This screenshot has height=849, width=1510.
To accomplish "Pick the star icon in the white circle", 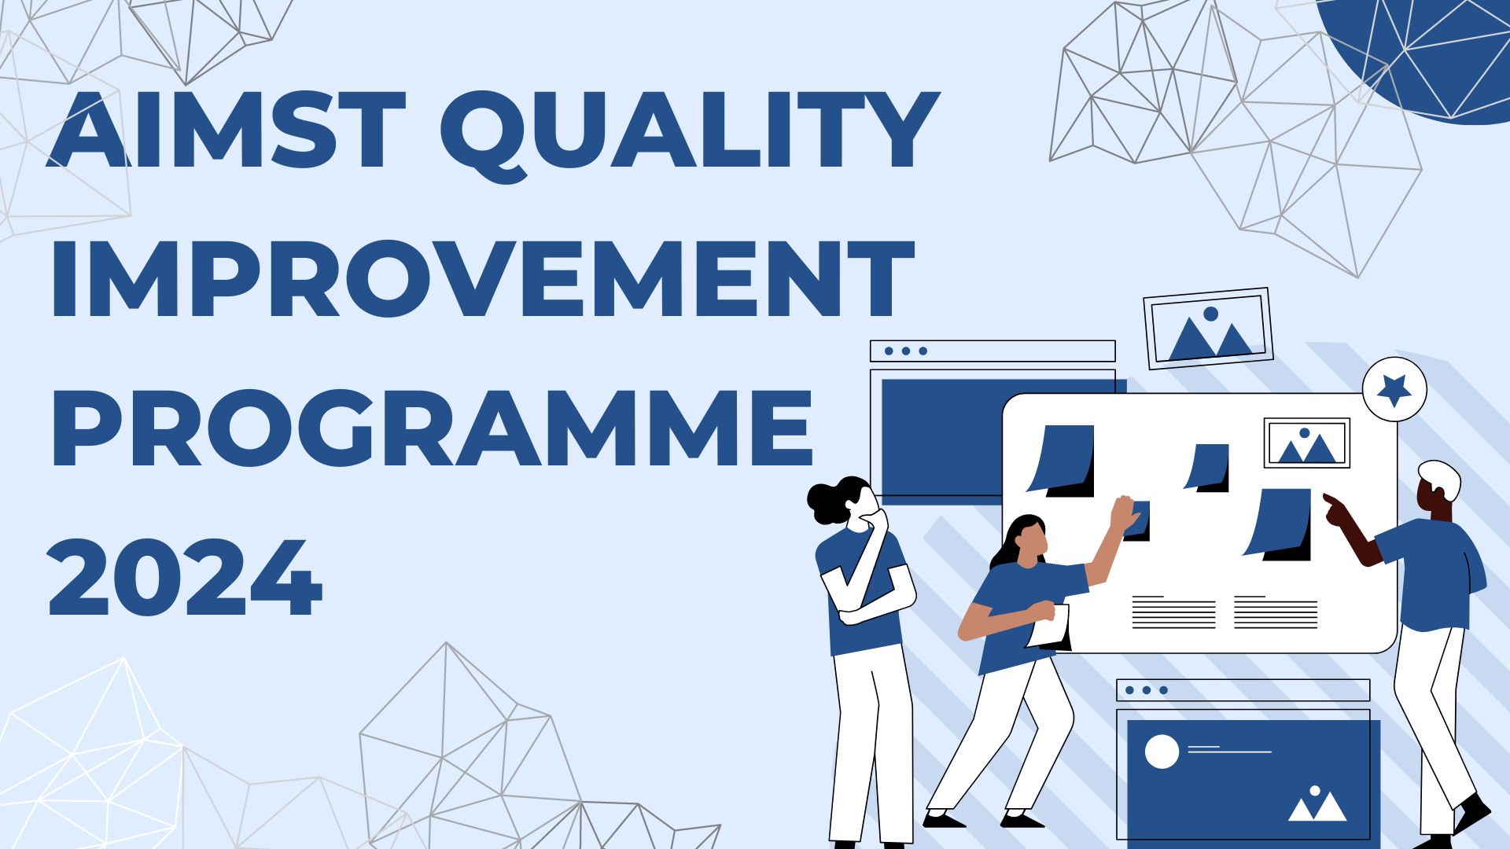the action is click(1394, 388).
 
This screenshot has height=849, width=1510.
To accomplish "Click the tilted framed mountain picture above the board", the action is click(1208, 329).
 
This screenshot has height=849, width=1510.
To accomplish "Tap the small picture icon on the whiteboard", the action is click(1306, 443).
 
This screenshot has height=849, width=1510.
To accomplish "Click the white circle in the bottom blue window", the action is click(1162, 752).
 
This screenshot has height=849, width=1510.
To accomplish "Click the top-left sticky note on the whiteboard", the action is click(1061, 461).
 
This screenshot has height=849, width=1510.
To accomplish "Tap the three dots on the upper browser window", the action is click(906, 351).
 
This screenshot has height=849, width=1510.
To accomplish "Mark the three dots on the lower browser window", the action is click(1147, 690).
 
